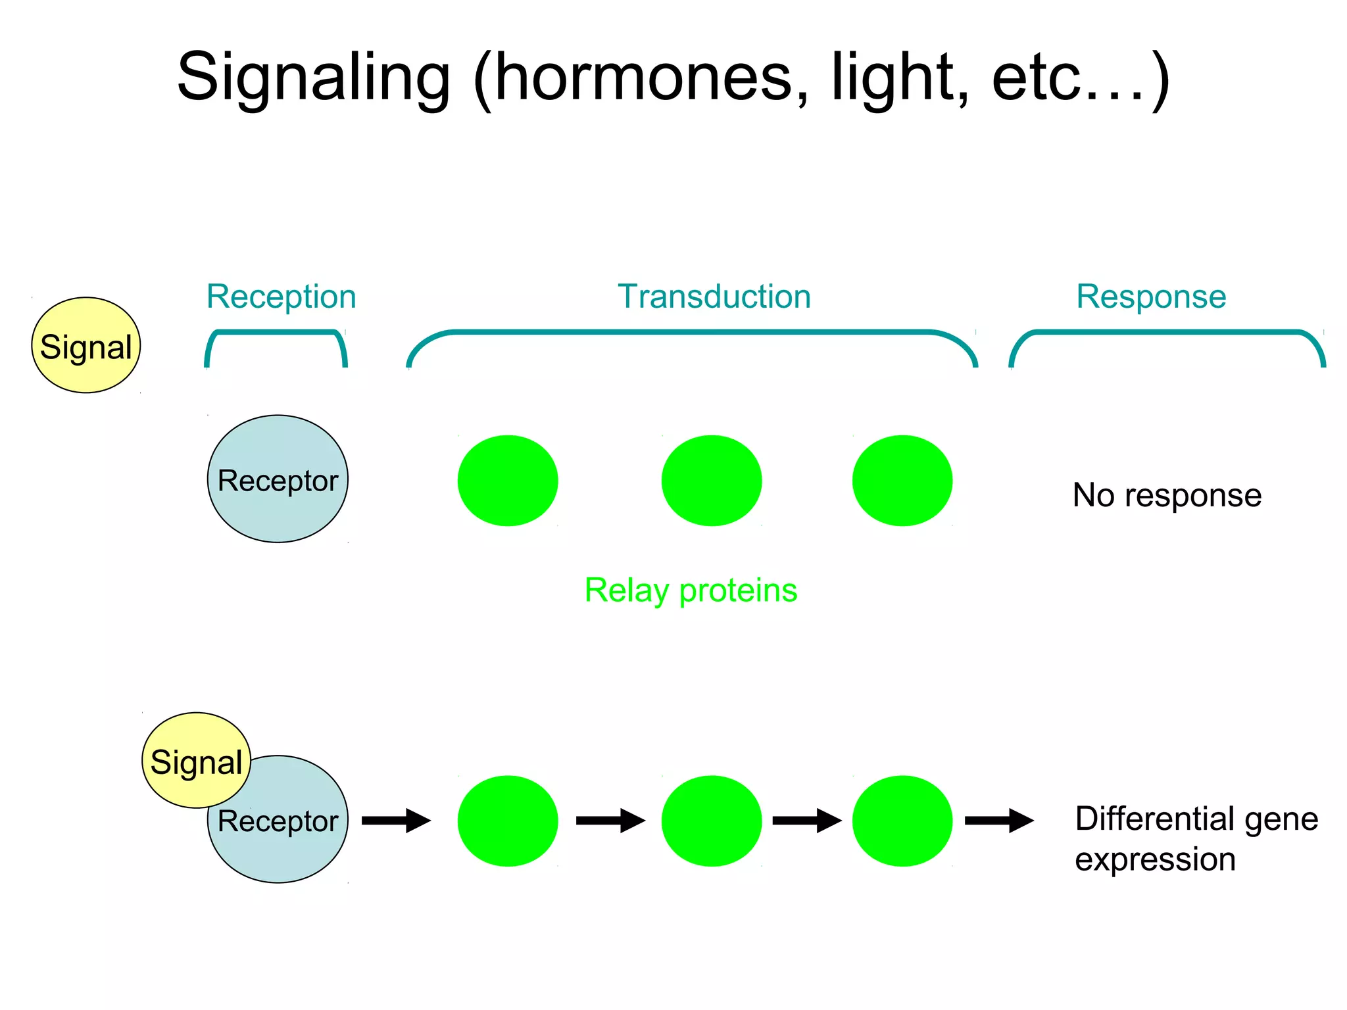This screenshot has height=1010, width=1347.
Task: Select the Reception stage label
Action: coord(281,297)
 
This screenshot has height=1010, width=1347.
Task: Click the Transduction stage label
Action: coord(714,297)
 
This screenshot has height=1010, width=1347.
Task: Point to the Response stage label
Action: coord(1151,297)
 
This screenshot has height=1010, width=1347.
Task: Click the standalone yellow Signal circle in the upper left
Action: coord(86,346)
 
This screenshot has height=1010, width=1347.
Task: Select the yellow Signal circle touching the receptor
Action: coord(196,761)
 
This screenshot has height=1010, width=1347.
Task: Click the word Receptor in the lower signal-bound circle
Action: coord(278,822)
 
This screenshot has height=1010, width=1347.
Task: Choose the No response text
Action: coord(1167,495)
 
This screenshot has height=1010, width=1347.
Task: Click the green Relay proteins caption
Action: coord(691,590)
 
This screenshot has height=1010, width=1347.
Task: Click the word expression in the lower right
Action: coord(1155,860)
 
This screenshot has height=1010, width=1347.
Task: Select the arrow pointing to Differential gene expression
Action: coord(999,821)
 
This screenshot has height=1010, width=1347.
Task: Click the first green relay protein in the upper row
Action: coord(508,481)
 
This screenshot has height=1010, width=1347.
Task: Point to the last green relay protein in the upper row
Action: coord(902,481)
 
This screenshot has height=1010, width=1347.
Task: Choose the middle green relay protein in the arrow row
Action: coord(711,821)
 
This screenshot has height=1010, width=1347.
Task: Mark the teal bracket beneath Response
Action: coord(1167,333)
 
